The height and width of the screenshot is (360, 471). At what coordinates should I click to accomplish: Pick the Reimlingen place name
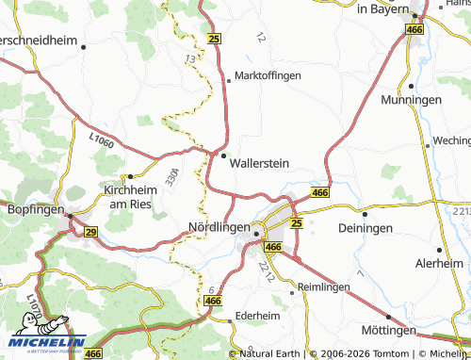[x=322, y=286]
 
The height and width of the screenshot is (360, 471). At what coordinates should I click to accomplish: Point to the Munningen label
[x=412, y=99]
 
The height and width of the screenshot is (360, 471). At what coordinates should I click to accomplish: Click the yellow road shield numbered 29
[x=90, y=231]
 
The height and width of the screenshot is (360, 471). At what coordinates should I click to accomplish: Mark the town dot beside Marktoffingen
[x=227, y=80]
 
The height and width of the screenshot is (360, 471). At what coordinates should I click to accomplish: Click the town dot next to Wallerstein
[x=223, y=155]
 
